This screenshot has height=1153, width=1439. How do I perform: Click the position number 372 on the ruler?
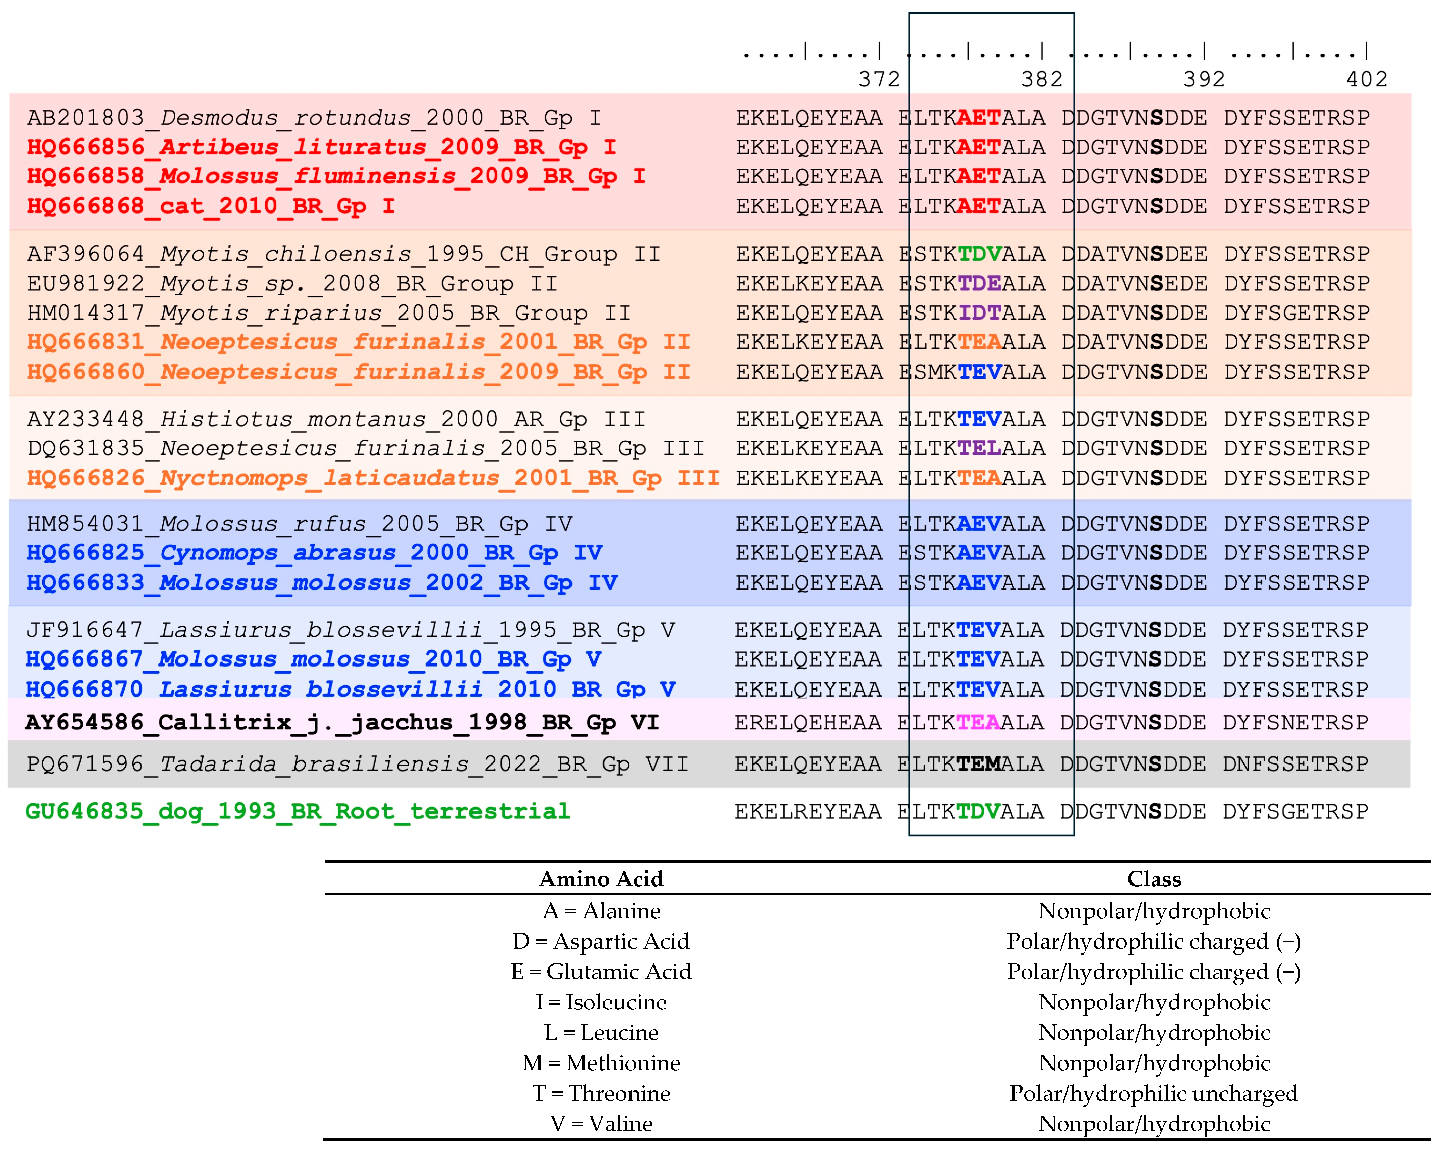[879, 79]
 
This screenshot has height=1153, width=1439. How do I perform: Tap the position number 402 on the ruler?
[1366, 79]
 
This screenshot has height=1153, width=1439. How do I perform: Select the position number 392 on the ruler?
[1204, 79]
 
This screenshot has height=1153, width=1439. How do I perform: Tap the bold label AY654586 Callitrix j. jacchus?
[342, 722]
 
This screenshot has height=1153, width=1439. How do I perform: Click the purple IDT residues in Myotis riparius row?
[979, 313]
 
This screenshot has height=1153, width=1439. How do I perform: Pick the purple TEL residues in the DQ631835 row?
[979, 449]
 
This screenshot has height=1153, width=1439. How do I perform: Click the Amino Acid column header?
[601, 879]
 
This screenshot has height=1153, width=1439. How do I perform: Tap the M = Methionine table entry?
[601, 1063]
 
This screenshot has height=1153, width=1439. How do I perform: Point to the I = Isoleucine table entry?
[601, 1002]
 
